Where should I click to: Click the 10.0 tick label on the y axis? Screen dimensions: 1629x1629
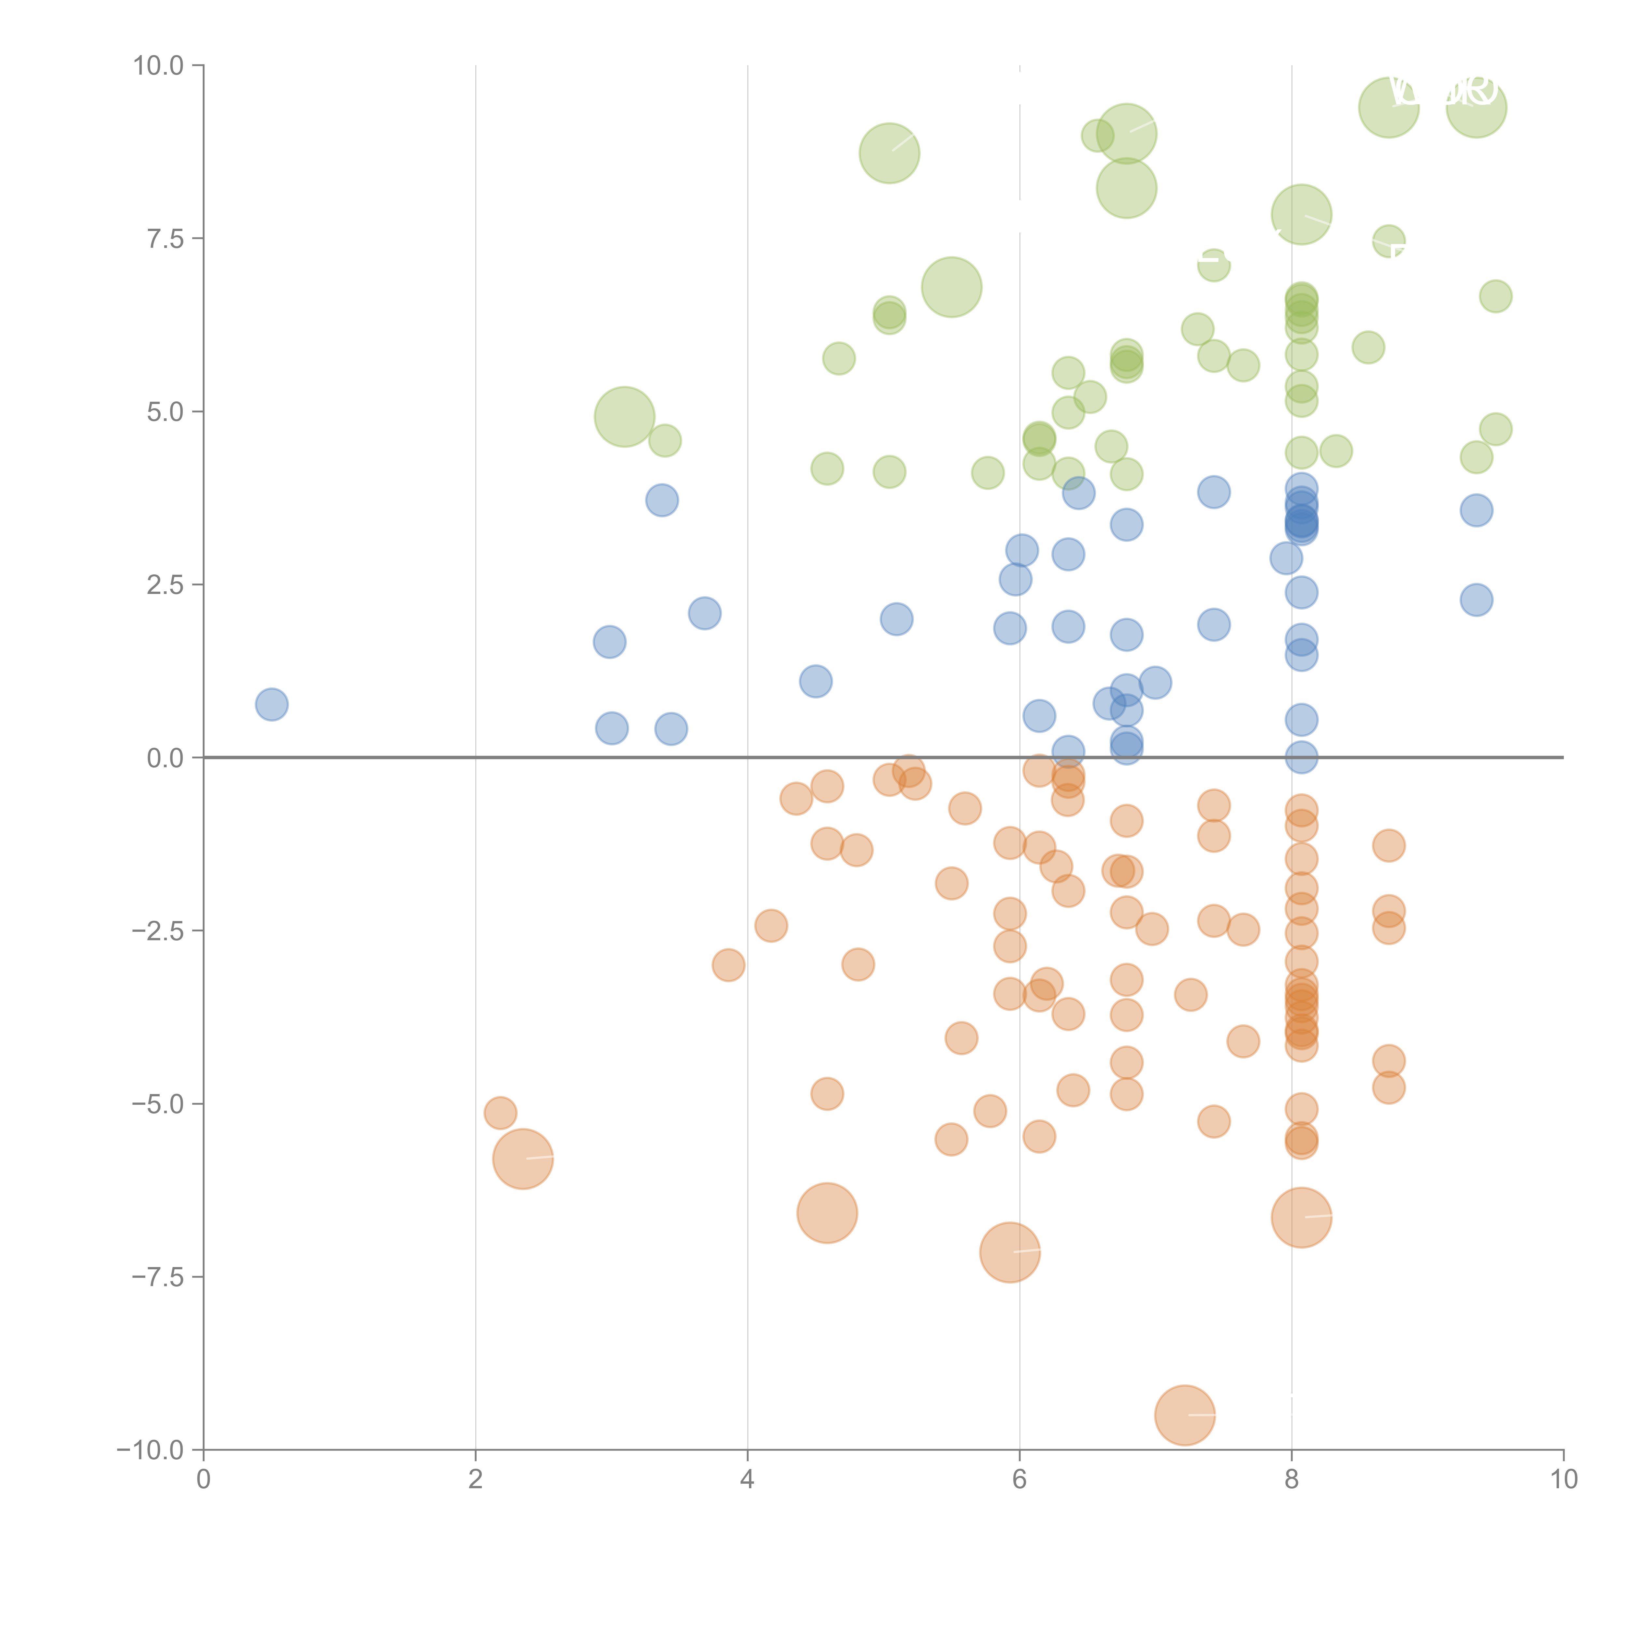(159, 66)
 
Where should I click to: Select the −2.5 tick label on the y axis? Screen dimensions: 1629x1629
(158, 931)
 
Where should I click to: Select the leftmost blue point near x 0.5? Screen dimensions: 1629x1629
(271, 704)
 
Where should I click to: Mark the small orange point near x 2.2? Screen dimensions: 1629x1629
(500, 1113)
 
